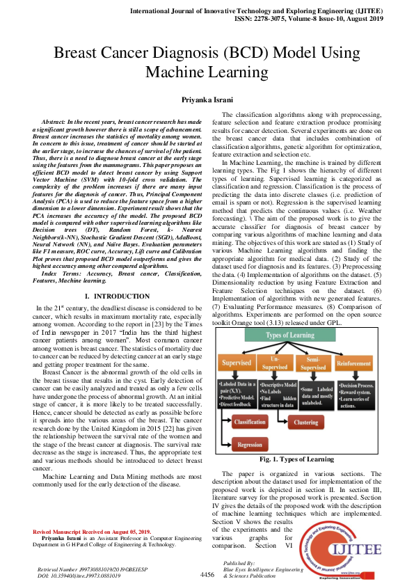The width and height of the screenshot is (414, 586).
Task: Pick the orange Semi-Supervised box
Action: [313, 363]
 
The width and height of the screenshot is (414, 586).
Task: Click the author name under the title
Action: [207, 100]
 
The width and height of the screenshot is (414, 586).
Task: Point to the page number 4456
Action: [207, 575]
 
